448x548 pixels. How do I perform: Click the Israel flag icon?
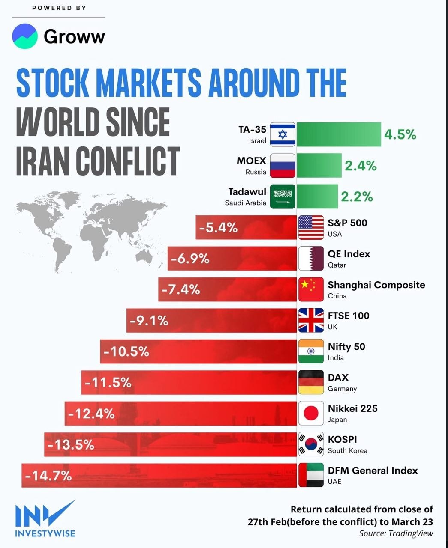coord(283,134)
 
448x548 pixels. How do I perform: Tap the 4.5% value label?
coord(400,134)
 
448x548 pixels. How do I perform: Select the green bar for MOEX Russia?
coord(319,166)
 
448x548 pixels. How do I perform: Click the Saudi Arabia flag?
coord(283,197)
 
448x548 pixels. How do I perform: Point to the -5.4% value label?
coord(218,228)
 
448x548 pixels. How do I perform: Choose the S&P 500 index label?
coord(347,223)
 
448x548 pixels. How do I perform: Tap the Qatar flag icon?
coord(311,259)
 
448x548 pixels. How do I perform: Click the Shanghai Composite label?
coord(376,285)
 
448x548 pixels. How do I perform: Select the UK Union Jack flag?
coord(311,320)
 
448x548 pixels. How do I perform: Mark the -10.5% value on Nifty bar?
coord(126,351)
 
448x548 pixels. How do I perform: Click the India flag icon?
coord(311,351)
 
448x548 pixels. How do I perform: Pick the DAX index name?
coord(338,378)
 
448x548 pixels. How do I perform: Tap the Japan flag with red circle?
coord(311,413)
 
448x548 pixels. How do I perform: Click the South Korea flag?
coord(311,444)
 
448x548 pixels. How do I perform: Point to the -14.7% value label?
coord(48,475)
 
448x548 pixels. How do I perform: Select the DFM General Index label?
coord(373,470)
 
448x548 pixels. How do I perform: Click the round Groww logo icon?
coord(25,36)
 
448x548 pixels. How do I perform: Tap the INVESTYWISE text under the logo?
coord(45,533)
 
